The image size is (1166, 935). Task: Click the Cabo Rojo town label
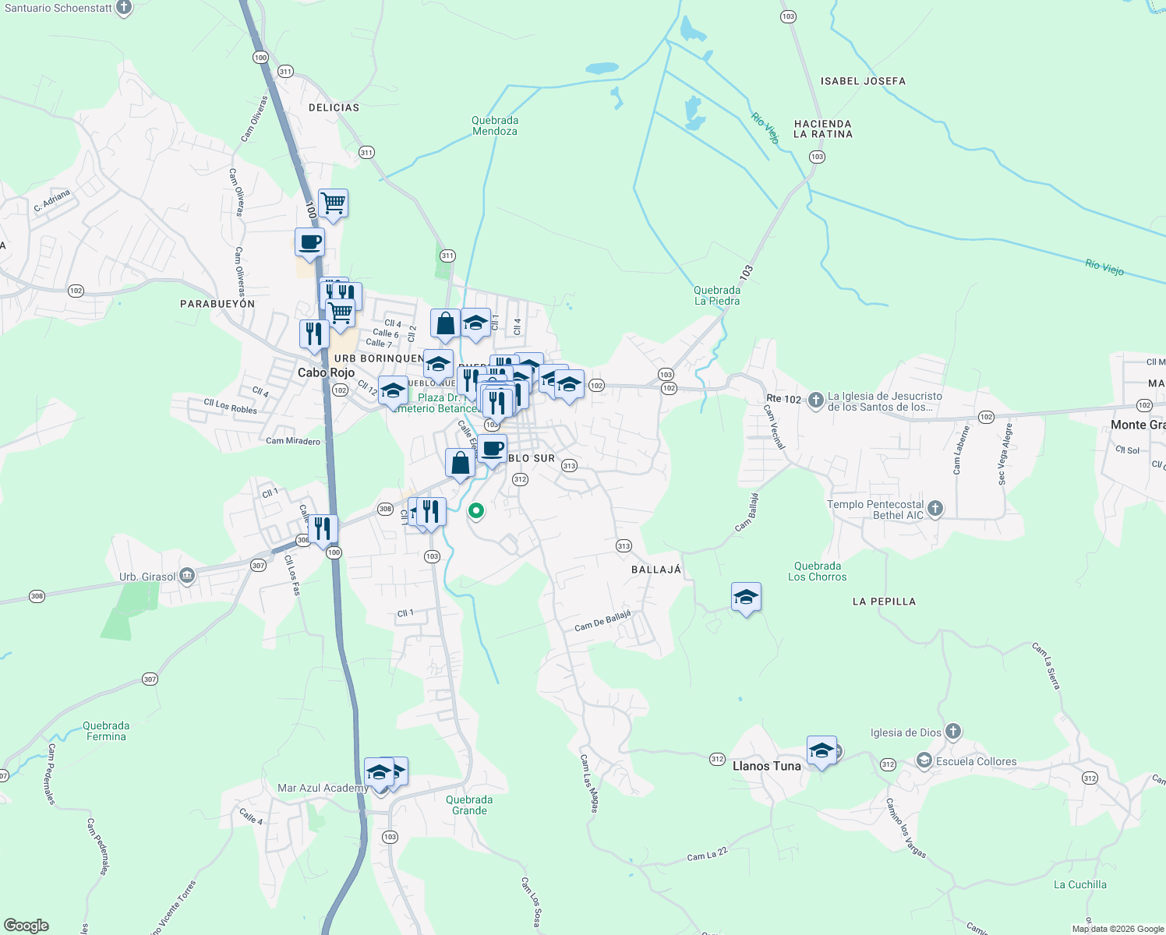click(326, 373)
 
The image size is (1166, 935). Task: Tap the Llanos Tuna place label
click(766, 766)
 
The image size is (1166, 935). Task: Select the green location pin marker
click(475, 511)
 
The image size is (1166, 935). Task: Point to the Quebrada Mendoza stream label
click(495, 126)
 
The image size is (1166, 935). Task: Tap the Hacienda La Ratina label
click(823, 129)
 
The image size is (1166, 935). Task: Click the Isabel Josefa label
click(863, 81)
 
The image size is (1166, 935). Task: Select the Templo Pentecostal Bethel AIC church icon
click(935, 509)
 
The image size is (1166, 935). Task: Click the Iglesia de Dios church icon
click(952, 732)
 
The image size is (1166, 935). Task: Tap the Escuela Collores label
click(976, 761)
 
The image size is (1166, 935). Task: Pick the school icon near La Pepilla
click(746, 598)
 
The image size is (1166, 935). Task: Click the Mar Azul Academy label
click(323, 789)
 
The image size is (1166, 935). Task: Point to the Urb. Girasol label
click(147, 577)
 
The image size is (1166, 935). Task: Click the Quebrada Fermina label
click(106, 731)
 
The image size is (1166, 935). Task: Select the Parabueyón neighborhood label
click(217, 304)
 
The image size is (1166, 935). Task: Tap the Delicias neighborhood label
click(334, 108)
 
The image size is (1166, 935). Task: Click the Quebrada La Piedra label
click(717, 295)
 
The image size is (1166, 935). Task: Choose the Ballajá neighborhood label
click(655, 570)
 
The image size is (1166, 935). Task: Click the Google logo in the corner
click(26, 925)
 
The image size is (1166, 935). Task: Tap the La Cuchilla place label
click(1079, 884)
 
